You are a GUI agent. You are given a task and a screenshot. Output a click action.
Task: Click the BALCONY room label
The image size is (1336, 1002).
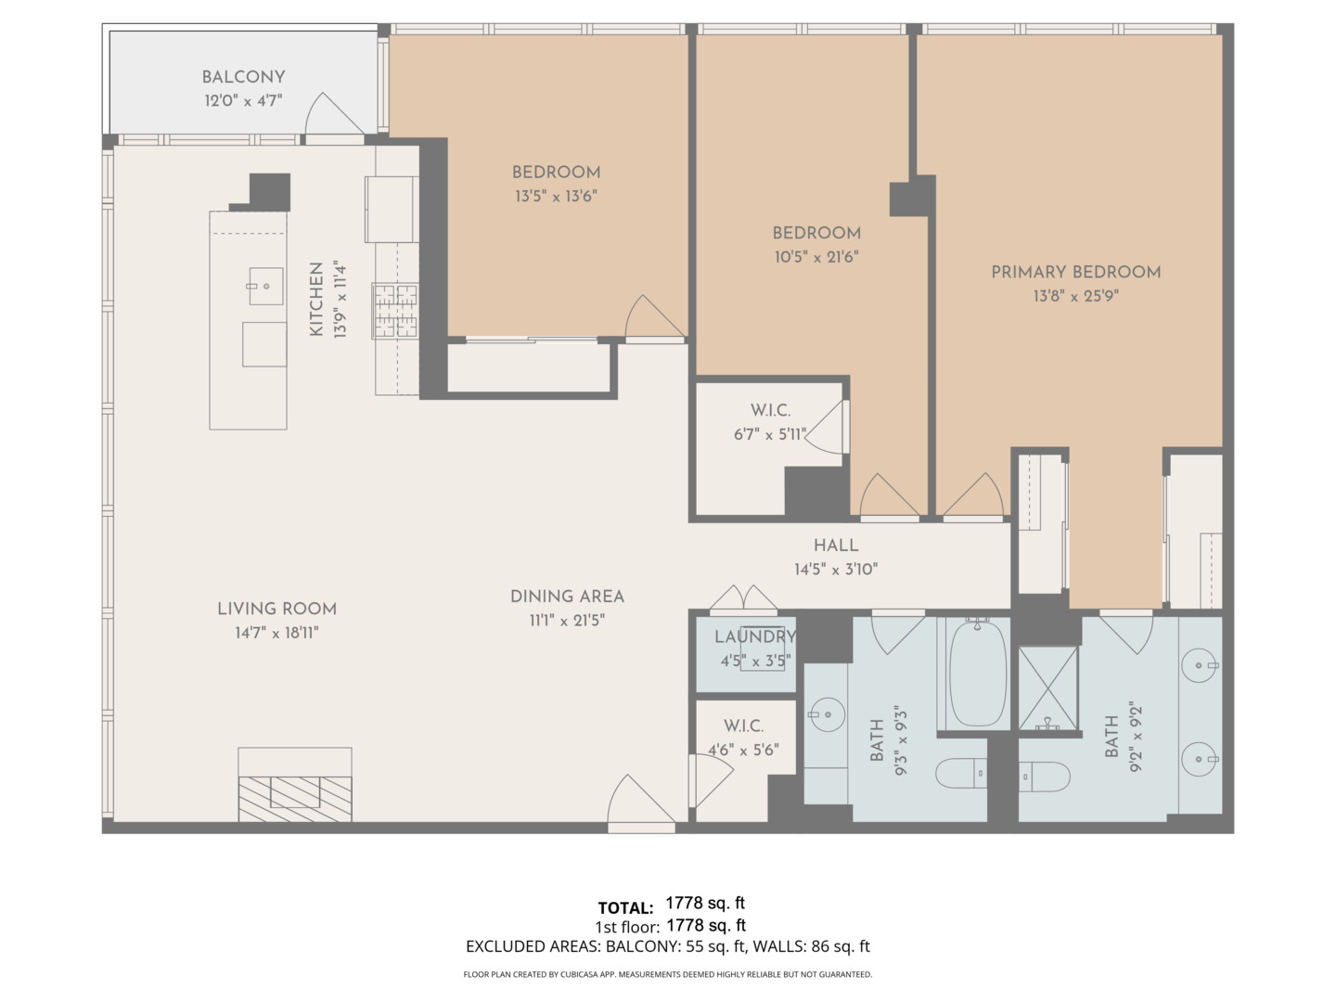point(243,77)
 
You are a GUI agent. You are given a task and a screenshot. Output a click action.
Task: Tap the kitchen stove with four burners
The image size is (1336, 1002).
point(395,310)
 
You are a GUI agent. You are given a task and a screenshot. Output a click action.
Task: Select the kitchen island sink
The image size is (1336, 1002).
point(265,287)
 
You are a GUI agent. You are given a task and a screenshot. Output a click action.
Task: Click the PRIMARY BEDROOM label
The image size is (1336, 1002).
point(1075,272)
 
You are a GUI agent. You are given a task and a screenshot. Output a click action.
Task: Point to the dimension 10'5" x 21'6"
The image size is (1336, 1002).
point(816,257)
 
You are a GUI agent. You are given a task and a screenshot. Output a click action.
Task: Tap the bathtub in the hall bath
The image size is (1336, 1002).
point(977,673)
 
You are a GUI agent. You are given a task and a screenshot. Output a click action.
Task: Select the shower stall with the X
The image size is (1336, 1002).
point(1048,687)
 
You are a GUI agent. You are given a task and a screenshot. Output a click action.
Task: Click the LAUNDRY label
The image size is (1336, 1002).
point(754,636)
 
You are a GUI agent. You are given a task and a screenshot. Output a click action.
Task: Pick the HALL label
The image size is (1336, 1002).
point(836,546)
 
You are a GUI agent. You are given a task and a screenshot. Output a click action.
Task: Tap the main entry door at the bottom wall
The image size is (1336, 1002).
point(640,803)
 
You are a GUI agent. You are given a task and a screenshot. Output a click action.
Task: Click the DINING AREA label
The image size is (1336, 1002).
point(567,597)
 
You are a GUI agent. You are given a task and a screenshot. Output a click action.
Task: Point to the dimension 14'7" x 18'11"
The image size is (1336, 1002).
point(276,633)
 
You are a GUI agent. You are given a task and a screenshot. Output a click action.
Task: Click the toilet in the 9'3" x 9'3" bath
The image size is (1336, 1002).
point(961,772)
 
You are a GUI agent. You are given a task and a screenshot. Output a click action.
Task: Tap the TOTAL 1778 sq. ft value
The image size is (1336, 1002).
point(705,904)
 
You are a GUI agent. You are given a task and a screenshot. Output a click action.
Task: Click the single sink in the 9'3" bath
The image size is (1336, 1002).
point(824,714)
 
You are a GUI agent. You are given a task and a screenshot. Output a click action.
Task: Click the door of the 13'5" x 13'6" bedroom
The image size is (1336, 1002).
point(655,320)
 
